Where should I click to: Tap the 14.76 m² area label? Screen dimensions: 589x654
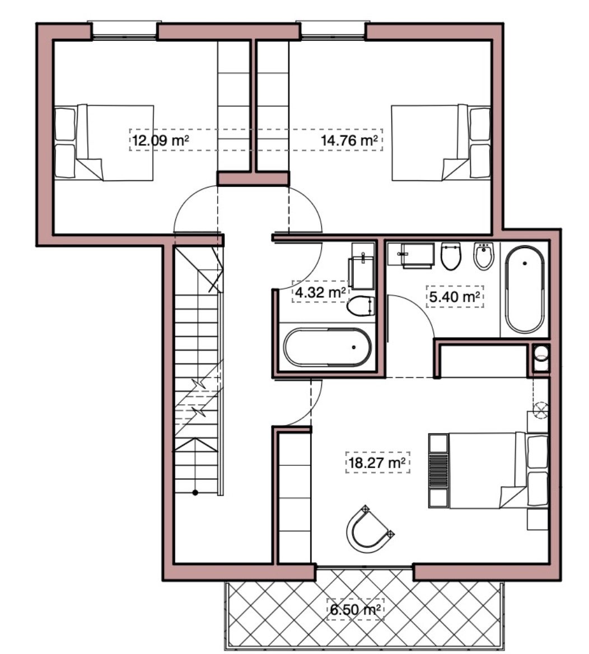coord(350,140)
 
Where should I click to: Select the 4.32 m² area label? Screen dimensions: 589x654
coord(320,292)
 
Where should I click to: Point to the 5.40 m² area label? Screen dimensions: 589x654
coord(455,297)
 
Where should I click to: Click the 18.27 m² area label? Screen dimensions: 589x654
coord(377,462)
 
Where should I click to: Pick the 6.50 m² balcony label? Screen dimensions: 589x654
coord(355,609)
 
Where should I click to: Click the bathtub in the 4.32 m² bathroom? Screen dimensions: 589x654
coord(328,347)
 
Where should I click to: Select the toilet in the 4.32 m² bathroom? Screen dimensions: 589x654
coord(361,306)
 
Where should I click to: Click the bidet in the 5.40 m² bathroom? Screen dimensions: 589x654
coord(484,256)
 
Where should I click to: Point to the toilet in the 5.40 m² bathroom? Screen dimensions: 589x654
coord(451,256)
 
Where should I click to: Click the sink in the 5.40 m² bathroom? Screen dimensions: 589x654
coord(411,254)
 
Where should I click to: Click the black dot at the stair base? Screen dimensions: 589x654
coord(195,493)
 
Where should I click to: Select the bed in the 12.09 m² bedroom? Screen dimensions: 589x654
coord(104,143)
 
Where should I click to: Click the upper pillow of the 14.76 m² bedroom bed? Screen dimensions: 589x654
coord(480,124)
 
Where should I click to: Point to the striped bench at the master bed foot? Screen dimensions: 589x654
coord(439,470)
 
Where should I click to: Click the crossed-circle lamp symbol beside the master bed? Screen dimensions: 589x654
coord(540,409)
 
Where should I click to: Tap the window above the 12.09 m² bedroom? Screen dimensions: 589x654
coord(124,30)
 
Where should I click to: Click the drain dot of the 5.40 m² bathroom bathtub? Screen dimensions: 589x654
coord(525,263)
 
